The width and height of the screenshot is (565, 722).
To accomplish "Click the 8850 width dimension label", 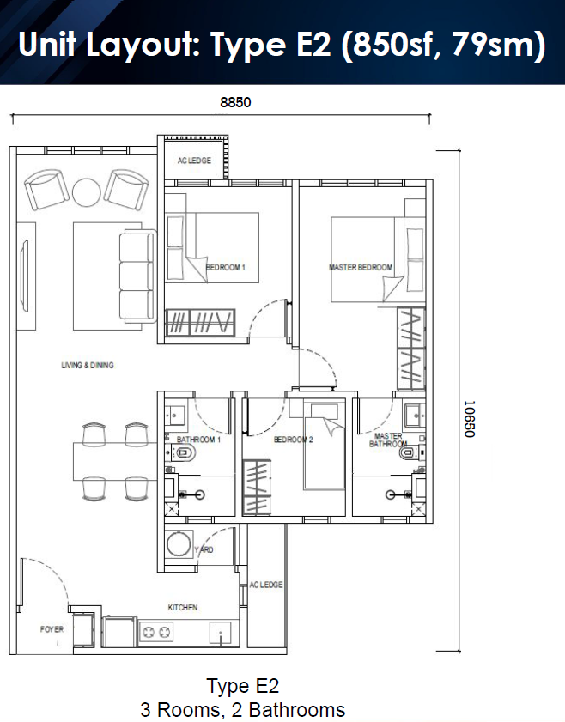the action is (x=235, y=102).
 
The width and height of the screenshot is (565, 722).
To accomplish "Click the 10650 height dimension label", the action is (x=469, y=419).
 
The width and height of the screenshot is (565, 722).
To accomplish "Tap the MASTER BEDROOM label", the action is (x=361, y=267).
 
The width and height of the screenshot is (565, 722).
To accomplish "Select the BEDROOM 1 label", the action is (x=226, y=267).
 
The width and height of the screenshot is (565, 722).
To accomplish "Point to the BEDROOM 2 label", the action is (x=294, y=440).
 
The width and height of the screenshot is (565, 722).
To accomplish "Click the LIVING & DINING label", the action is (x=88, y=365).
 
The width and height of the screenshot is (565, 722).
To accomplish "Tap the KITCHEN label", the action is (x=183, y=607).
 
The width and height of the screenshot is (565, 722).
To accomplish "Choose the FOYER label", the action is (x=52, y=629).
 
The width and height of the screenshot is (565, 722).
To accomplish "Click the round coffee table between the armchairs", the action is (x=86, y=192).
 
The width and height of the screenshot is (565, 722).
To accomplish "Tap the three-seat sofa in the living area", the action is (x=137, y=276).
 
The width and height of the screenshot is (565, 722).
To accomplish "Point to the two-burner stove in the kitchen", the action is (x=156, y=632).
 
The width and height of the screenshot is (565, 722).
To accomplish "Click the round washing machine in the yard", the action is (x=179, y=545).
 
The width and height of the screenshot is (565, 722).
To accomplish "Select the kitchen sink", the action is (x=221, y=633).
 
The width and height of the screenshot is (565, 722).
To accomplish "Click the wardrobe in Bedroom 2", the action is (x=257, y=487).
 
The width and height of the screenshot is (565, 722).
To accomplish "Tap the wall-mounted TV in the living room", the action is (x=24, y=276).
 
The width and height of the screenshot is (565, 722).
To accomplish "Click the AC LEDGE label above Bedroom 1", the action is (x=194, y=161).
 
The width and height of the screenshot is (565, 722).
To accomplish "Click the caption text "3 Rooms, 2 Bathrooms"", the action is (x=243, y=710).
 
